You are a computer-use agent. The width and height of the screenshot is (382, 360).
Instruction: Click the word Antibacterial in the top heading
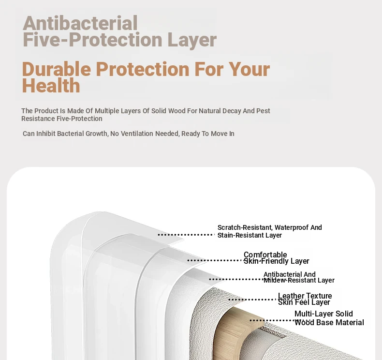pos(80,23)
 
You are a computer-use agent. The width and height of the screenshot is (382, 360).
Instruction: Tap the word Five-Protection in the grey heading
pos(92,40)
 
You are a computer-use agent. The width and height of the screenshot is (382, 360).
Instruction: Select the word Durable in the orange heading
pos(57,69)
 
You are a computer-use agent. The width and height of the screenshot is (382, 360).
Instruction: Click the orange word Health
pos(51,86)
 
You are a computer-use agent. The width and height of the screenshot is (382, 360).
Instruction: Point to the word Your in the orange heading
pos(249,70)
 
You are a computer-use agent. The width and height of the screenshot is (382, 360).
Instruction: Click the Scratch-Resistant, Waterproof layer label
pos(269,231)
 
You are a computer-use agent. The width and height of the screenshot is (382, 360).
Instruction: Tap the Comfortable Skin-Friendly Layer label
pos(276,258)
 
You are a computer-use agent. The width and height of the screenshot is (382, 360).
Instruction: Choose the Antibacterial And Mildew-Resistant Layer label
pos(299,277)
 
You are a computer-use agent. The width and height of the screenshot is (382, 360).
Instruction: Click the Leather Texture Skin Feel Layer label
pos(305,299)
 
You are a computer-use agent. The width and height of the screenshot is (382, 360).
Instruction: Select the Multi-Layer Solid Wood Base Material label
pos(329,318)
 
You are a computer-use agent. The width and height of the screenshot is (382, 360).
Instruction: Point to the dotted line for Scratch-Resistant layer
pos(186,235)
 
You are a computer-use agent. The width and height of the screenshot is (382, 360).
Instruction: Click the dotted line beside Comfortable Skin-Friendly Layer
pos(215,260)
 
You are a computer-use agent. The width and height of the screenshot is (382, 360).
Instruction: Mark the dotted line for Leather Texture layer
pos(252,300)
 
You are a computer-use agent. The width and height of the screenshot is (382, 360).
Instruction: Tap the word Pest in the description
pos(263,111)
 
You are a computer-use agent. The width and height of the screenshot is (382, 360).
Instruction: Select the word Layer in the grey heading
pos(192,40)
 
